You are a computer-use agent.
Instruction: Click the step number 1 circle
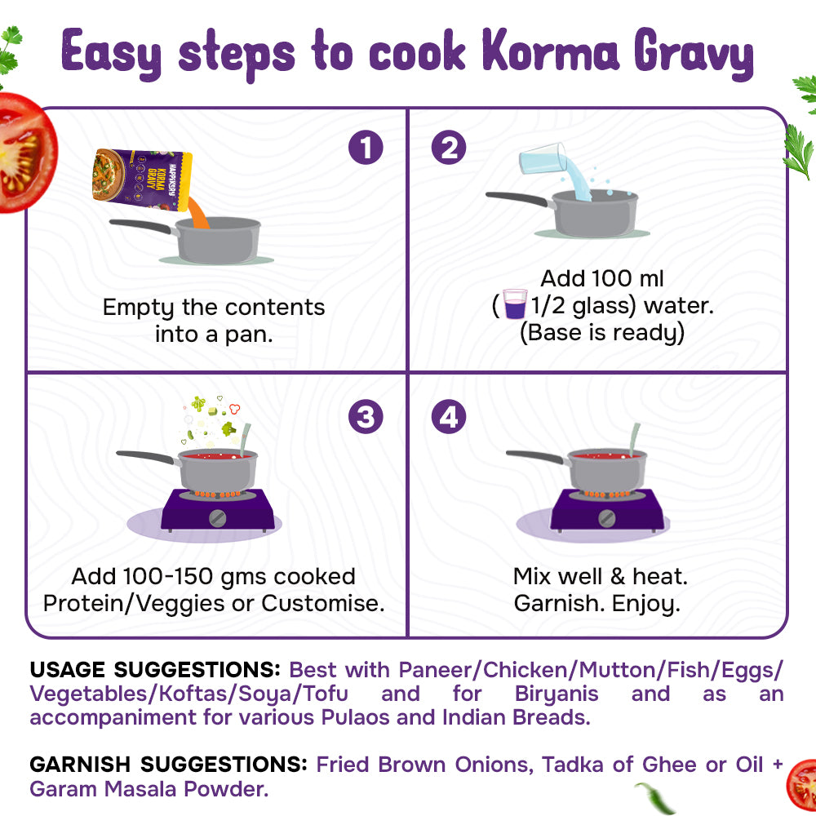[x=366, y=147]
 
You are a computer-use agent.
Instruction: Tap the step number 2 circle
[x=449, y=147]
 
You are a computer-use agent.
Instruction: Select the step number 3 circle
[x=366, y=416]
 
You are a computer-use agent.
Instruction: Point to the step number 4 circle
[x=449, y=416]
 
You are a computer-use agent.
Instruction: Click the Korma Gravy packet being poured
[x=142, y=180]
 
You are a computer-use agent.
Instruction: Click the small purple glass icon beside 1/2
[x=515, y=304]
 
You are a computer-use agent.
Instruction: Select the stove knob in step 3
[x=217, y=518]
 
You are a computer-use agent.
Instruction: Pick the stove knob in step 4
[x=606, y=518]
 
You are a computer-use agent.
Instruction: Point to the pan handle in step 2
[x=519, y=198]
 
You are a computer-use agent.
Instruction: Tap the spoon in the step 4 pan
[x=634, y=439]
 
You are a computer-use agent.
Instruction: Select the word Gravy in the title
[x=693, y=54]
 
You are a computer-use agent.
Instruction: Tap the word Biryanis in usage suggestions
[x=557, y=694]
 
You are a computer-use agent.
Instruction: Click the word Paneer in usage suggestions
[x=435, y=670]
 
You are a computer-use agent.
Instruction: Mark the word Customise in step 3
[x=322, y=603]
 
